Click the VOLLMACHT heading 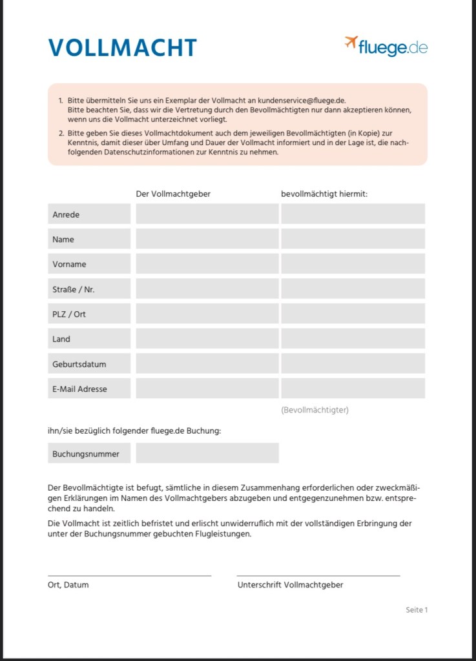point(122,48)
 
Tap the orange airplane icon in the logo point(351,43)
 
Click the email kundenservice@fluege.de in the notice point(302,101)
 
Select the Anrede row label point(89,214)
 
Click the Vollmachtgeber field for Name point(207,239)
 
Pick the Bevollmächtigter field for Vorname point(353,264)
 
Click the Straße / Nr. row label point(89,289)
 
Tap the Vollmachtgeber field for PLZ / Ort point(207,314)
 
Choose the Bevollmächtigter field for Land point(353,339)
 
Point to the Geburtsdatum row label point(89,364)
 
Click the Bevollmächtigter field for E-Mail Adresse point(353,389)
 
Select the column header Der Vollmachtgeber point(172,194)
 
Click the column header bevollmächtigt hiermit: point(324,194)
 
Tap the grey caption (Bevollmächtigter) point(315,410)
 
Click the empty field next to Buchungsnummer point(207,453)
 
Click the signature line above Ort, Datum point(129,575)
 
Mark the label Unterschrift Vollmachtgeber point(290,585)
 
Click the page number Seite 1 point(417,610)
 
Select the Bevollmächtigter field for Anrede point(353,214)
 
